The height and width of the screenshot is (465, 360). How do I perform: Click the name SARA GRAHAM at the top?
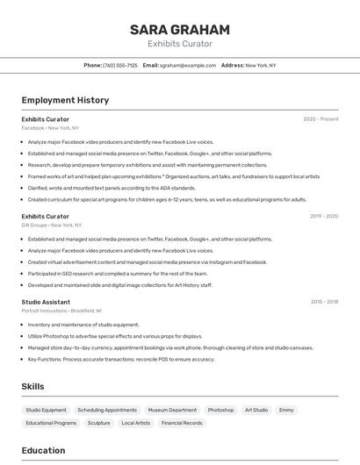coord(180,30)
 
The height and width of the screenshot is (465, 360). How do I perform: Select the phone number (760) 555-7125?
coord(120,65)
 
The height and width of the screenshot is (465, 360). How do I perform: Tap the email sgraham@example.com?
coord(187,65)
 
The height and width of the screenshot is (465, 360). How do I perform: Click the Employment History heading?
coord(65,100)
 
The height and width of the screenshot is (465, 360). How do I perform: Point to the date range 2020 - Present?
coord(320,119)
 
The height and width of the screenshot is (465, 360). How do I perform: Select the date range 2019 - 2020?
coord(323,216)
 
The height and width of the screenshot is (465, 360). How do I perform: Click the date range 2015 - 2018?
coord(324,302)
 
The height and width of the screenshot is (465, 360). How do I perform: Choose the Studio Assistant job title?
coord(45,302)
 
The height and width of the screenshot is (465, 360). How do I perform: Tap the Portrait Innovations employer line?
coord(61,311)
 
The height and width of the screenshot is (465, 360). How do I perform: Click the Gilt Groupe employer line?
coord(53,225)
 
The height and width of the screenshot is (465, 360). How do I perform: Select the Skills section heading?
coord(32,386)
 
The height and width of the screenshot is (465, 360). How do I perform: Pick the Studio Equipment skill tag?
coord(46,410)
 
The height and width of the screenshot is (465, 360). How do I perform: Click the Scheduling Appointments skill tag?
coord(107,410)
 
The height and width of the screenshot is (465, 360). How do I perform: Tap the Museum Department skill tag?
coord(172,410)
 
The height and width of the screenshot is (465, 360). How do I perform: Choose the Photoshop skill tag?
coord(220,410)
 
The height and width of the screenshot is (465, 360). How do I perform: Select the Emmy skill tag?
coord(286,410)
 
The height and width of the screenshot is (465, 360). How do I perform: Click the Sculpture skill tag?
coord(98,423)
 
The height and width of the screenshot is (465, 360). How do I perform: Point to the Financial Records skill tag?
coord(182,423)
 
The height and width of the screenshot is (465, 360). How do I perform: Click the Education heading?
coord(43,451)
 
